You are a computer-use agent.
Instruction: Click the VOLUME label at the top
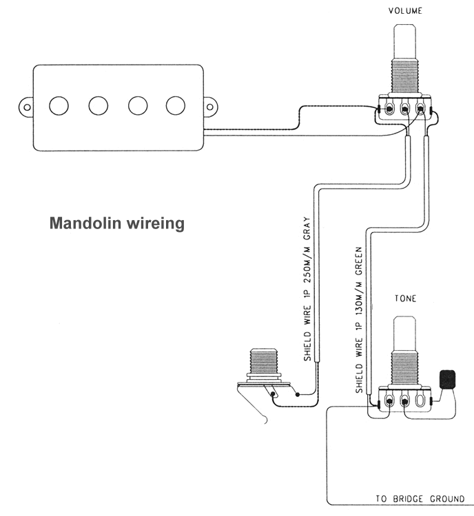pyautogui.click(x=405, y=10)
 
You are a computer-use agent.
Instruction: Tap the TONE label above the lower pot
pyautogui.click(x=404, y=299)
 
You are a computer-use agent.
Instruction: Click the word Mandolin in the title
pyautogui.click(x=82, y=224)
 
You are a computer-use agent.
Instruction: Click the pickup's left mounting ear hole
pyautogui.click(x=26, y=107)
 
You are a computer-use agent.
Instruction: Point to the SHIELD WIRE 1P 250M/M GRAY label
pyautogui.click(x=308, y=290)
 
